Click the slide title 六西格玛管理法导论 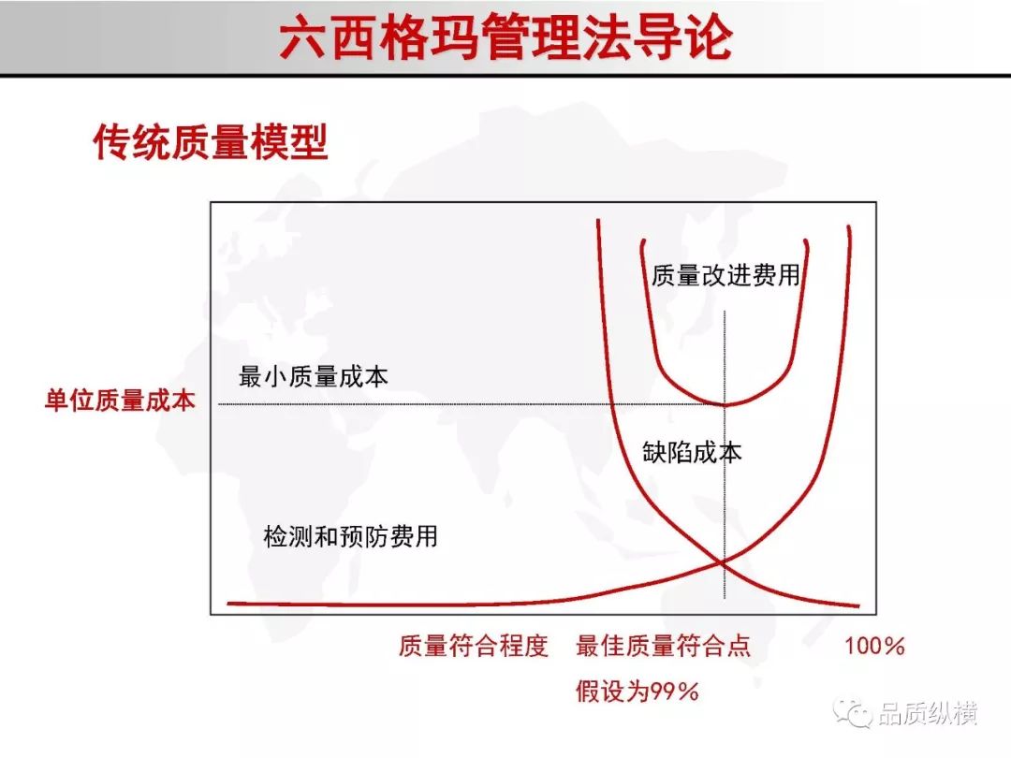pyautogui.click(x=506, y=37)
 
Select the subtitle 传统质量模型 pyautogui.click(x=211, y=142)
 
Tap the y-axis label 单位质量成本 pyautogui.click(x=119, y=401)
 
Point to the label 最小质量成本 pyautogui.click(x=314, y=376)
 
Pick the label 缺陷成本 pyautogui.click(x=692, y=452)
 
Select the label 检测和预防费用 pyautogui.click(x=351, y=535)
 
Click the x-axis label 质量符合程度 pyautogui.click(x=474, y=645)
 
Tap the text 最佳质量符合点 pyautogui.click(x=664, y=645)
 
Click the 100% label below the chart pyautogui.click(x=875, y=646)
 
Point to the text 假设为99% pyautogui.click(x=637, y=692)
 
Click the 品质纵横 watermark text pyautogui.click(x=928, y=713)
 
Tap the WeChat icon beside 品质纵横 pyautogui.click(x=853, y=712)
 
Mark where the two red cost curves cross pyautogui.click(x=723, y=562)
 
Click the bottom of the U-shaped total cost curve pyautogui.click(x=725, y=404)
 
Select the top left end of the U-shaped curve pyautogui.click(x=643, y=241)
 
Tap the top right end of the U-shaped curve pyautogui.click(x=806, y=241)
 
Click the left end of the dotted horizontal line pyautogui.click(x=219, y=404)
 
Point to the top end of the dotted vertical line pyautogui.click(x=725, y=312)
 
